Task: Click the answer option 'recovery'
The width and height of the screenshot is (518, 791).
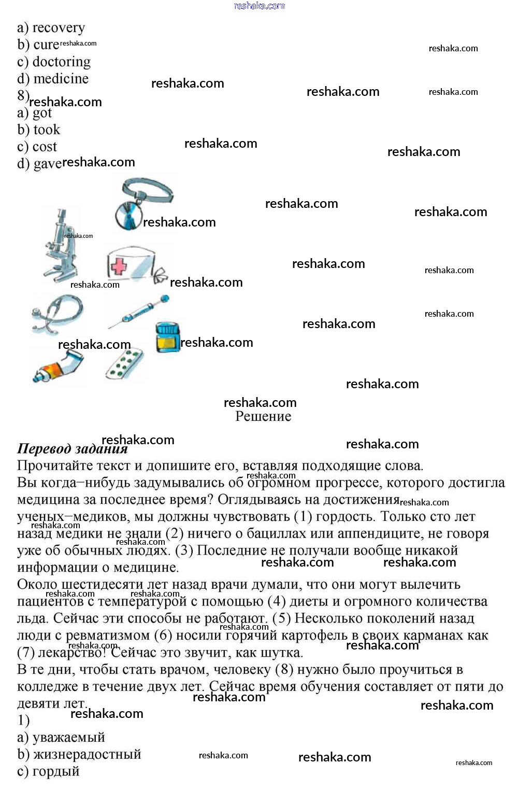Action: [58, 27]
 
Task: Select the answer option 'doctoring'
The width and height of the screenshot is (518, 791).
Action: [61, 62]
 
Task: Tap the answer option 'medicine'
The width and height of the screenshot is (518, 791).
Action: [61, 79]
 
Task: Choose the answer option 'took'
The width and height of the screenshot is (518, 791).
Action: [46, 130]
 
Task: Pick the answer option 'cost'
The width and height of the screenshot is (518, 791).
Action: [45, 147]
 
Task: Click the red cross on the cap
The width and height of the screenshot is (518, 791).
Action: [119, 266]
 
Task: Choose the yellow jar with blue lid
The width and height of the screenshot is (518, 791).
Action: [167, 337]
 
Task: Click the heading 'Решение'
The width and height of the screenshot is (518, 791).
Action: [263, 416]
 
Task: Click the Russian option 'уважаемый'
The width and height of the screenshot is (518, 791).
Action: [68, 737]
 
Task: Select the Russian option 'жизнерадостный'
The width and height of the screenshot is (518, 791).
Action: [87, 754]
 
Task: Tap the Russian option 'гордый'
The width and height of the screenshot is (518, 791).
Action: [55, 771]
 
